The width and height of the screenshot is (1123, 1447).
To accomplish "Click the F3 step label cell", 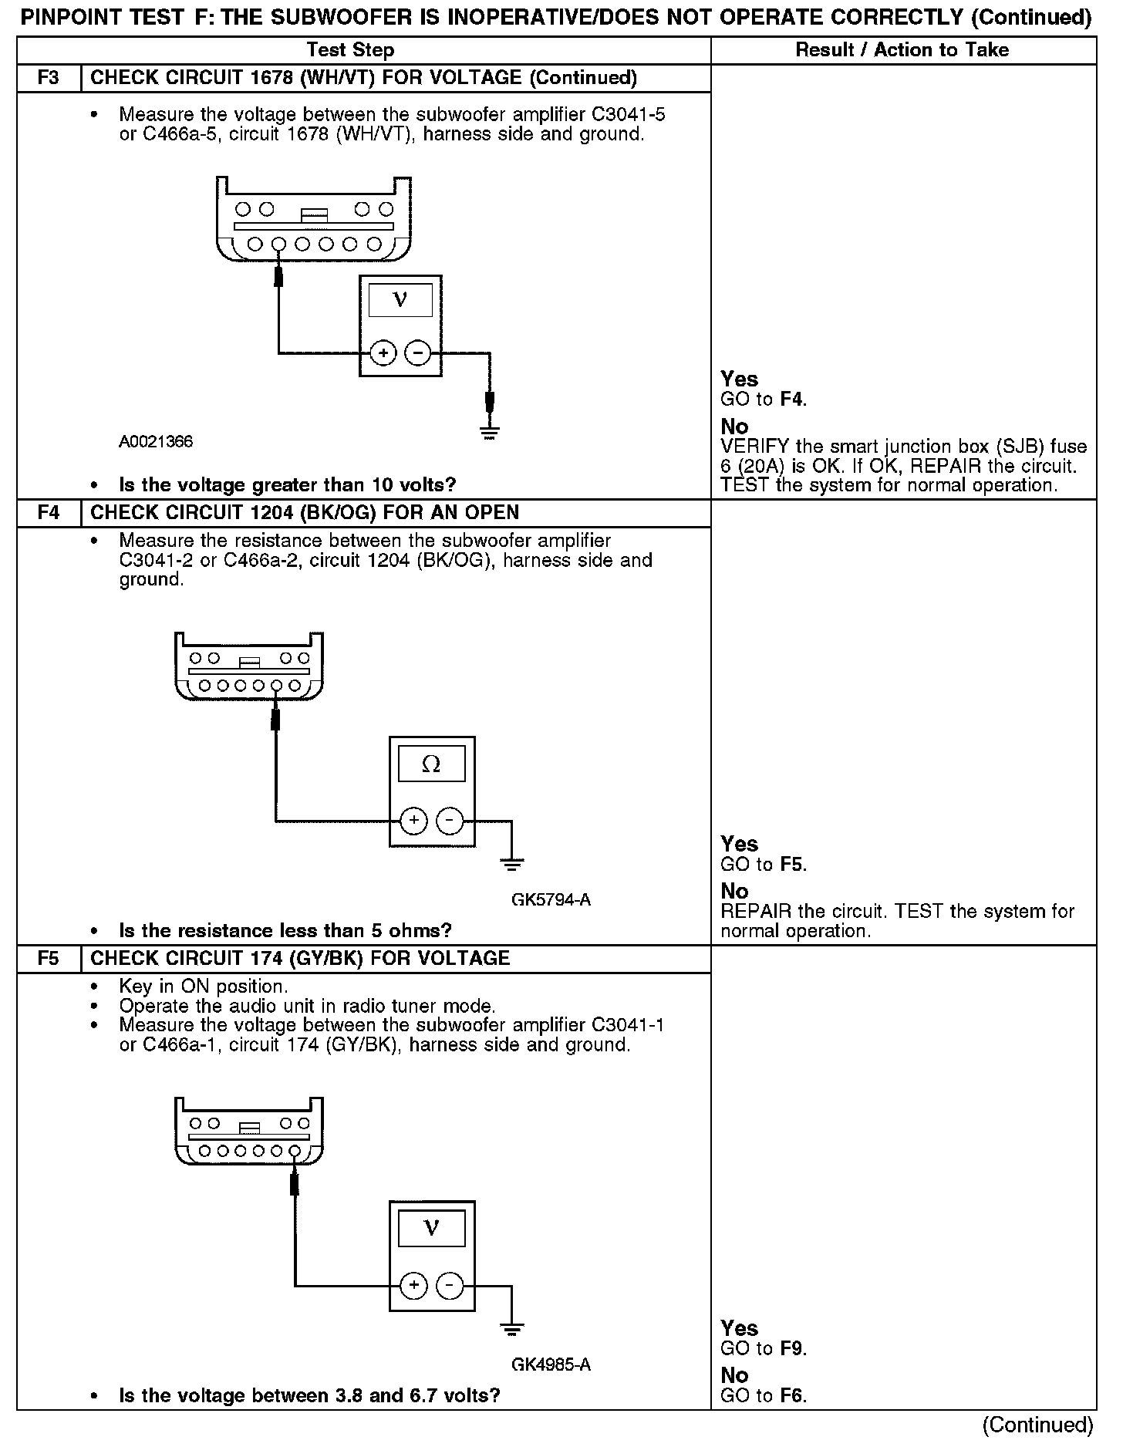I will tap(48, 78).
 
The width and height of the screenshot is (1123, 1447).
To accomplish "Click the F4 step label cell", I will tap(48, 513).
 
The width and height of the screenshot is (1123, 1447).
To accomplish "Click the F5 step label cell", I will tap(48, 959).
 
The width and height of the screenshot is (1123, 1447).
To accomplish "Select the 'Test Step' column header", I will tap(350, 50).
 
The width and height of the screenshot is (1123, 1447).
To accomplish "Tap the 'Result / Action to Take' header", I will tap(902, 50).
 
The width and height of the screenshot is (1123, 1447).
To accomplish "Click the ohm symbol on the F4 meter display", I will tap(431, 764).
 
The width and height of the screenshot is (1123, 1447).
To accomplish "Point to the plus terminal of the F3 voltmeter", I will tap(383, 353).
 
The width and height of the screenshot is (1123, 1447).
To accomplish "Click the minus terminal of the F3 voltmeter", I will tap(417, 353).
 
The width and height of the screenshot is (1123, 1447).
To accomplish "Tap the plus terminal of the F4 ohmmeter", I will tap(414, 820).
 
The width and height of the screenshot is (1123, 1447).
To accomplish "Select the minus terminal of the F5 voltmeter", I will tap(450, 1286).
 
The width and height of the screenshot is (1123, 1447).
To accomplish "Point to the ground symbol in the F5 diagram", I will tap(511, 1329).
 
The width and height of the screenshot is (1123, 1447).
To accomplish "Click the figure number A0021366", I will tap(155, 442).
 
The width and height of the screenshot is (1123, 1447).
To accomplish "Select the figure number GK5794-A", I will tap(551, 900).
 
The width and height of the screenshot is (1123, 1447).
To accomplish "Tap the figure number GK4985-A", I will tap(551, 1364).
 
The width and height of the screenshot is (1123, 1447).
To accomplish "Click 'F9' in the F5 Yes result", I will tap(792, 1349).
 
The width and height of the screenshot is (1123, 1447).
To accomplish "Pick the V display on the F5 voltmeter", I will tap(431, 1229).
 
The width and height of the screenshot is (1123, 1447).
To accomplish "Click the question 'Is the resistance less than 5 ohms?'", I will tap(285, 931).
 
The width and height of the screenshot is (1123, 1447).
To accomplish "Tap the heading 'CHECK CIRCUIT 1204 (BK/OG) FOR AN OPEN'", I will tap(305, 513).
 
